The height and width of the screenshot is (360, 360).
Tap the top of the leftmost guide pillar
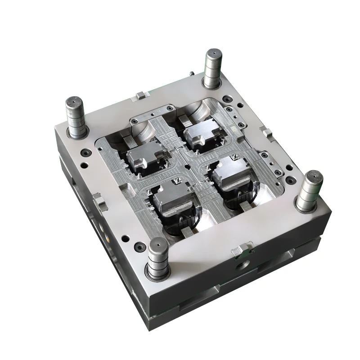tap(75, 103)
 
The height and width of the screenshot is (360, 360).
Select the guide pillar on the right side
tap(309, 191)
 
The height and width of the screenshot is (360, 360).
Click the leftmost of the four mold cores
tap(142, 157)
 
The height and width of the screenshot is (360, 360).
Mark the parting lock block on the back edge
tap(142, 94)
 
